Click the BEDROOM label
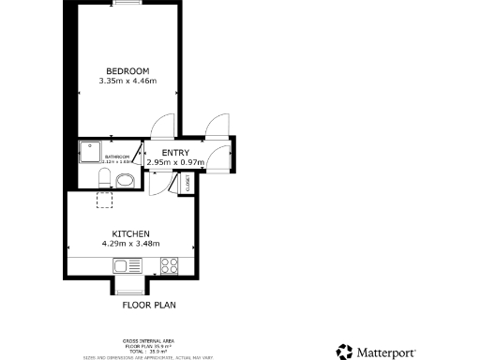coord(127,71)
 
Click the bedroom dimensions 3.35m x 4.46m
coord(127,82)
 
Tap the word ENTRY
coord(175,153)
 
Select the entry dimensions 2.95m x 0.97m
coord(175,162)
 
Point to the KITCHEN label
coord(131,232)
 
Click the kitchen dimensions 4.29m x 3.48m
coord(131,244)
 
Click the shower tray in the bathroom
coord(91,150)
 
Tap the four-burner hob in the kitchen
coord(170,265)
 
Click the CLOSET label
coord(189,186)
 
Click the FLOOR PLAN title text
coord(149,305)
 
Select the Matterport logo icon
coord(345,352)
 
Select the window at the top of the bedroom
coord(127,5)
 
